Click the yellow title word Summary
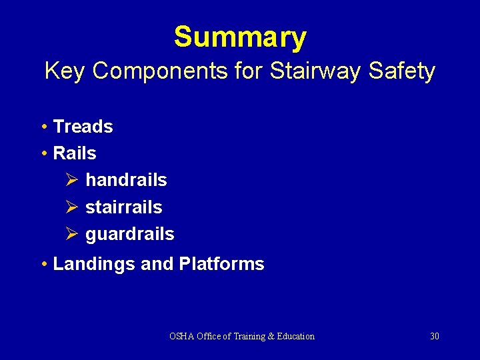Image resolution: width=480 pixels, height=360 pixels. [x=240, y=37]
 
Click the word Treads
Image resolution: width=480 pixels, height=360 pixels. [x=83, y=127]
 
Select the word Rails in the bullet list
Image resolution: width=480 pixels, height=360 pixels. [x=74, y=153]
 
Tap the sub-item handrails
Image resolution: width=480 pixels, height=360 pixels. [x=126, y=180]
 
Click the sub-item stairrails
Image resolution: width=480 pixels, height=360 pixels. [x=123, y=207]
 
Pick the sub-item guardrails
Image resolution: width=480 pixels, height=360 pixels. [x=129, y=234]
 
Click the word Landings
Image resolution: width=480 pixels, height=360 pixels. [x=94, y=264]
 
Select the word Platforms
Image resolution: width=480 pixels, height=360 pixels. [x=221, y=264]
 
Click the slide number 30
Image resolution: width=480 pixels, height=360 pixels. [x=434, y=336]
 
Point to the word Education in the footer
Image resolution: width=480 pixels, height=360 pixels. [x=294, y=336]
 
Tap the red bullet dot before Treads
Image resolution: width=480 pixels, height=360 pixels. [x=43, y=127]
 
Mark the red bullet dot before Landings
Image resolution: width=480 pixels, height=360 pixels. [x=43, y=265]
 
